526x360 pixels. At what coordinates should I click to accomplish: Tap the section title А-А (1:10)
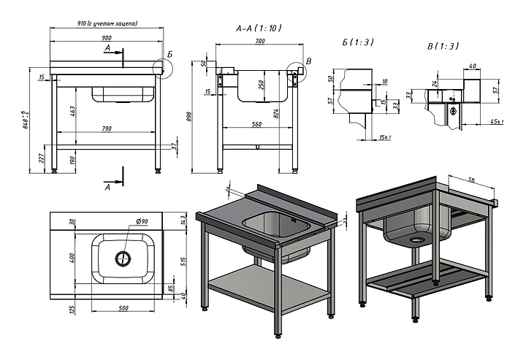pyautogui.click(x=259, y=28)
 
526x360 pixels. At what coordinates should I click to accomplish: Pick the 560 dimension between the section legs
pyautogui.click(x=256, y=124)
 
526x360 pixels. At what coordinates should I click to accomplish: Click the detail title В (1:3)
pyautogui.click(x=443, y=46)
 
